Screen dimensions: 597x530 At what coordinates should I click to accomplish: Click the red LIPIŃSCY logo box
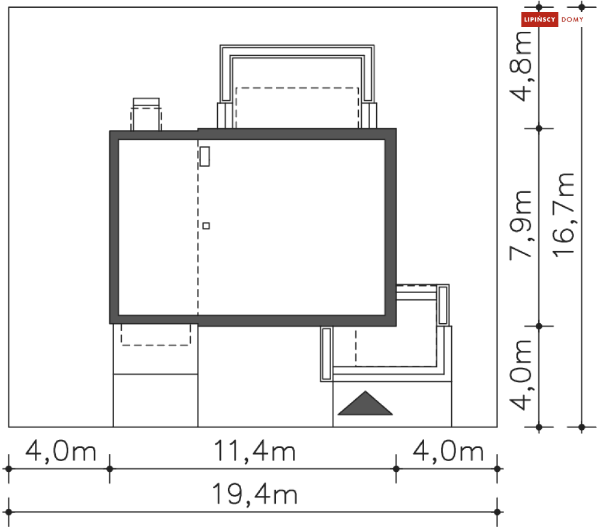(x=539, y=19)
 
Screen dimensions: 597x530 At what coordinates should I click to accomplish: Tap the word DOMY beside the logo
(x=572, y=20)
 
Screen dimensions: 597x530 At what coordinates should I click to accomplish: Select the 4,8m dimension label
(x=521, y=66)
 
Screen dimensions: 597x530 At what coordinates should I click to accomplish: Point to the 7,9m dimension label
(x=521, y=225)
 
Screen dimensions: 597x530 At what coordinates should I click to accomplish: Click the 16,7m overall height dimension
(x=564, y=215)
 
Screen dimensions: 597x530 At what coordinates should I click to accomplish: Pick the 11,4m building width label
(x=254, y=451)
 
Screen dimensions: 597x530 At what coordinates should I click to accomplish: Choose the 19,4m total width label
(x=254, y=494)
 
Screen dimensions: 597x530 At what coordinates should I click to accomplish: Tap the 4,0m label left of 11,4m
(x=61, y=451)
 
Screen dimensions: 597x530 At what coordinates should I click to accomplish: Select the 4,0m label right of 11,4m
(x=448, y=451)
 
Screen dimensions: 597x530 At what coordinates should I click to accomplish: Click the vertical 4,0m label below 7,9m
(x=521, y=375)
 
